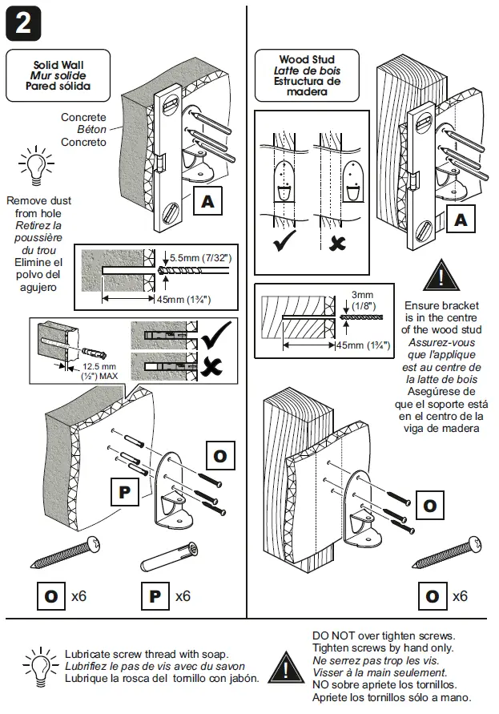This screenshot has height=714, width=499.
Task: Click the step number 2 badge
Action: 23,24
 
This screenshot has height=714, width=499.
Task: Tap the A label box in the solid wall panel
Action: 208,202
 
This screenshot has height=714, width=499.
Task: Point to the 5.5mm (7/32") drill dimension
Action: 199,257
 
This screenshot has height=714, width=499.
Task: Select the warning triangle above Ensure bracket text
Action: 441,277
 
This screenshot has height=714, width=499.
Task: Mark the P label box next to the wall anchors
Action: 124,492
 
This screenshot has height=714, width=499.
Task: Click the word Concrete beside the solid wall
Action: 83,117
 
